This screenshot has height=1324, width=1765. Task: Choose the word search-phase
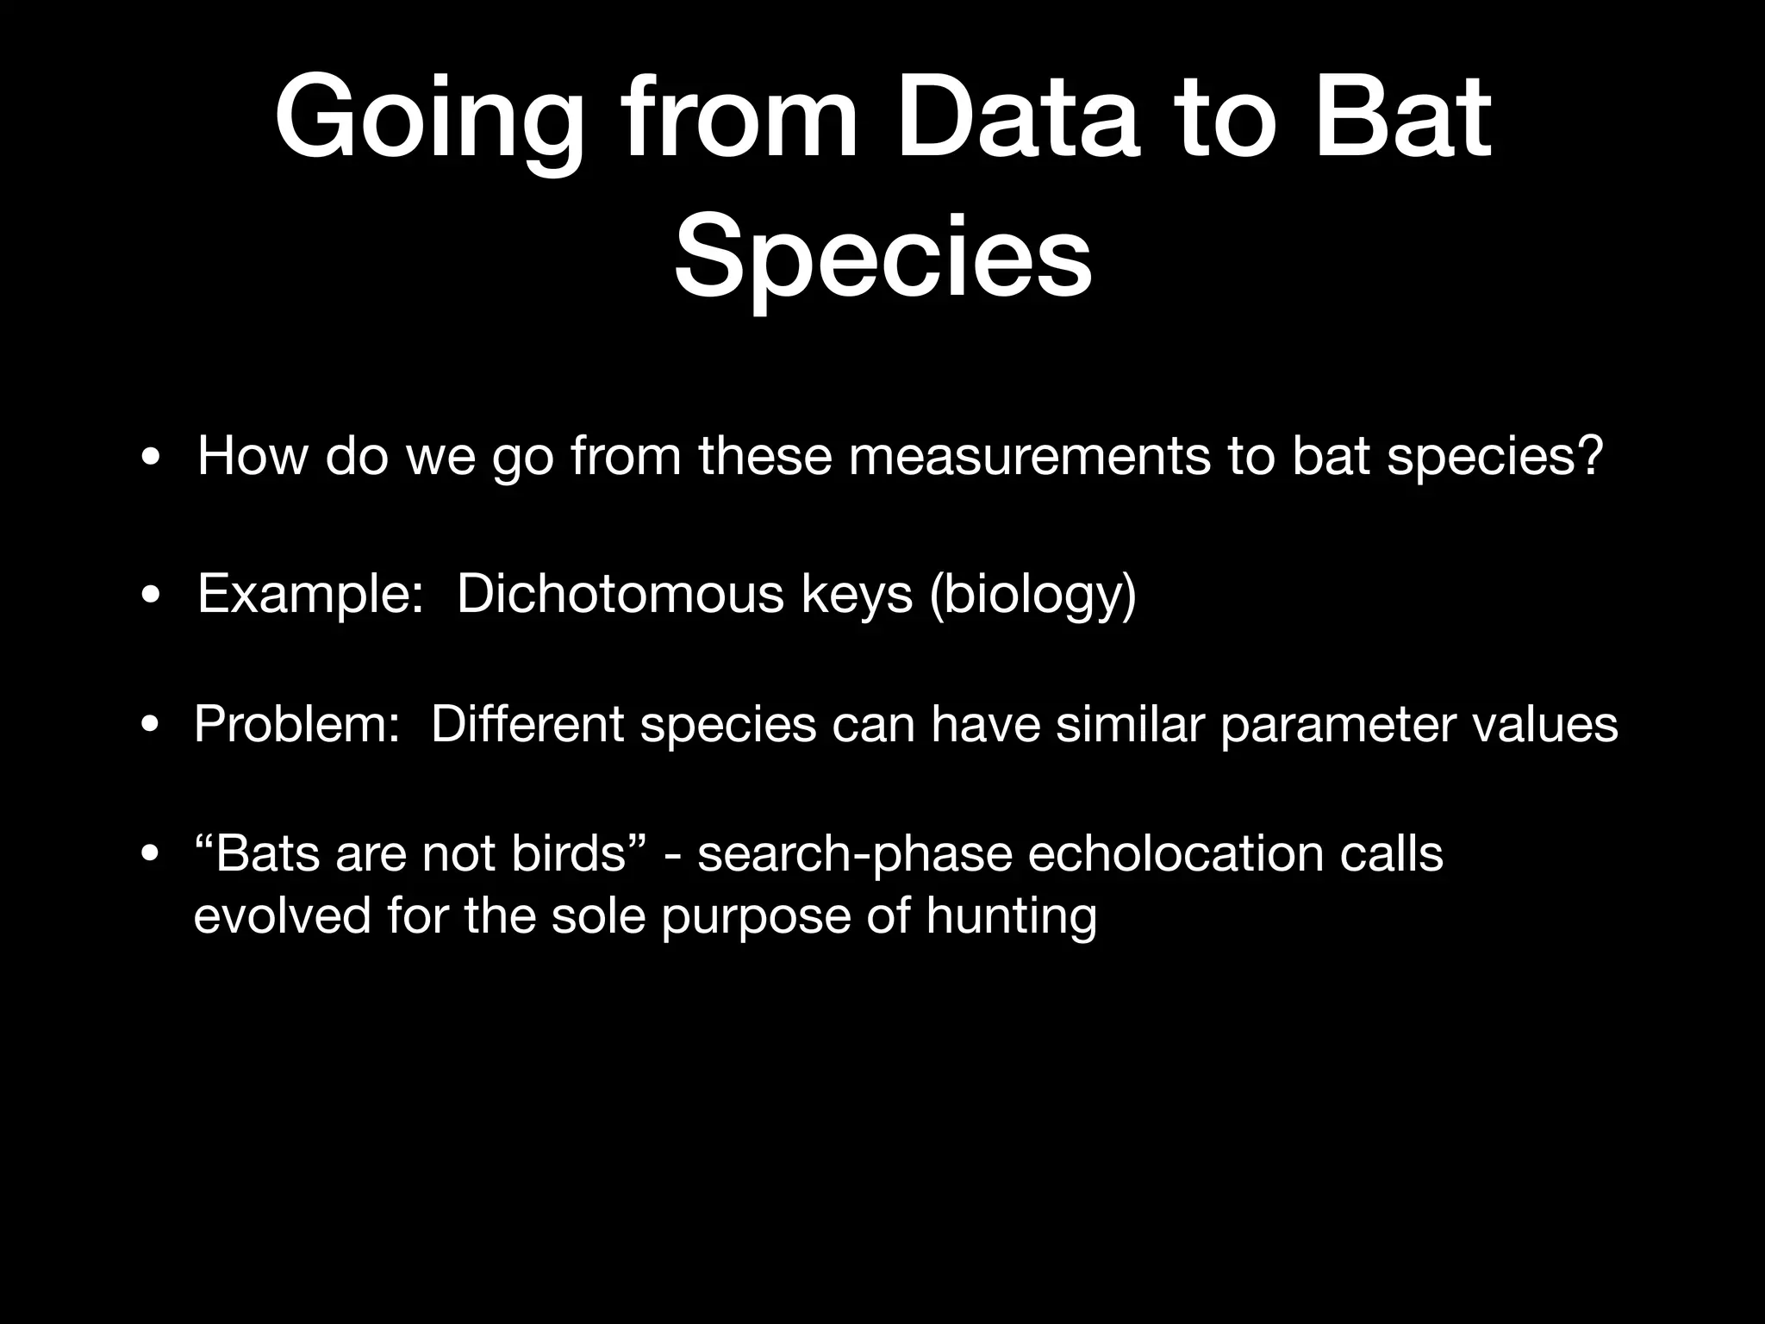click(x=854, y=856)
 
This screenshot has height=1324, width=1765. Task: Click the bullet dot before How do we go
click(x=151, y=458)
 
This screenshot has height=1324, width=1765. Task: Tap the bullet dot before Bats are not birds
click(x=151, y=856)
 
